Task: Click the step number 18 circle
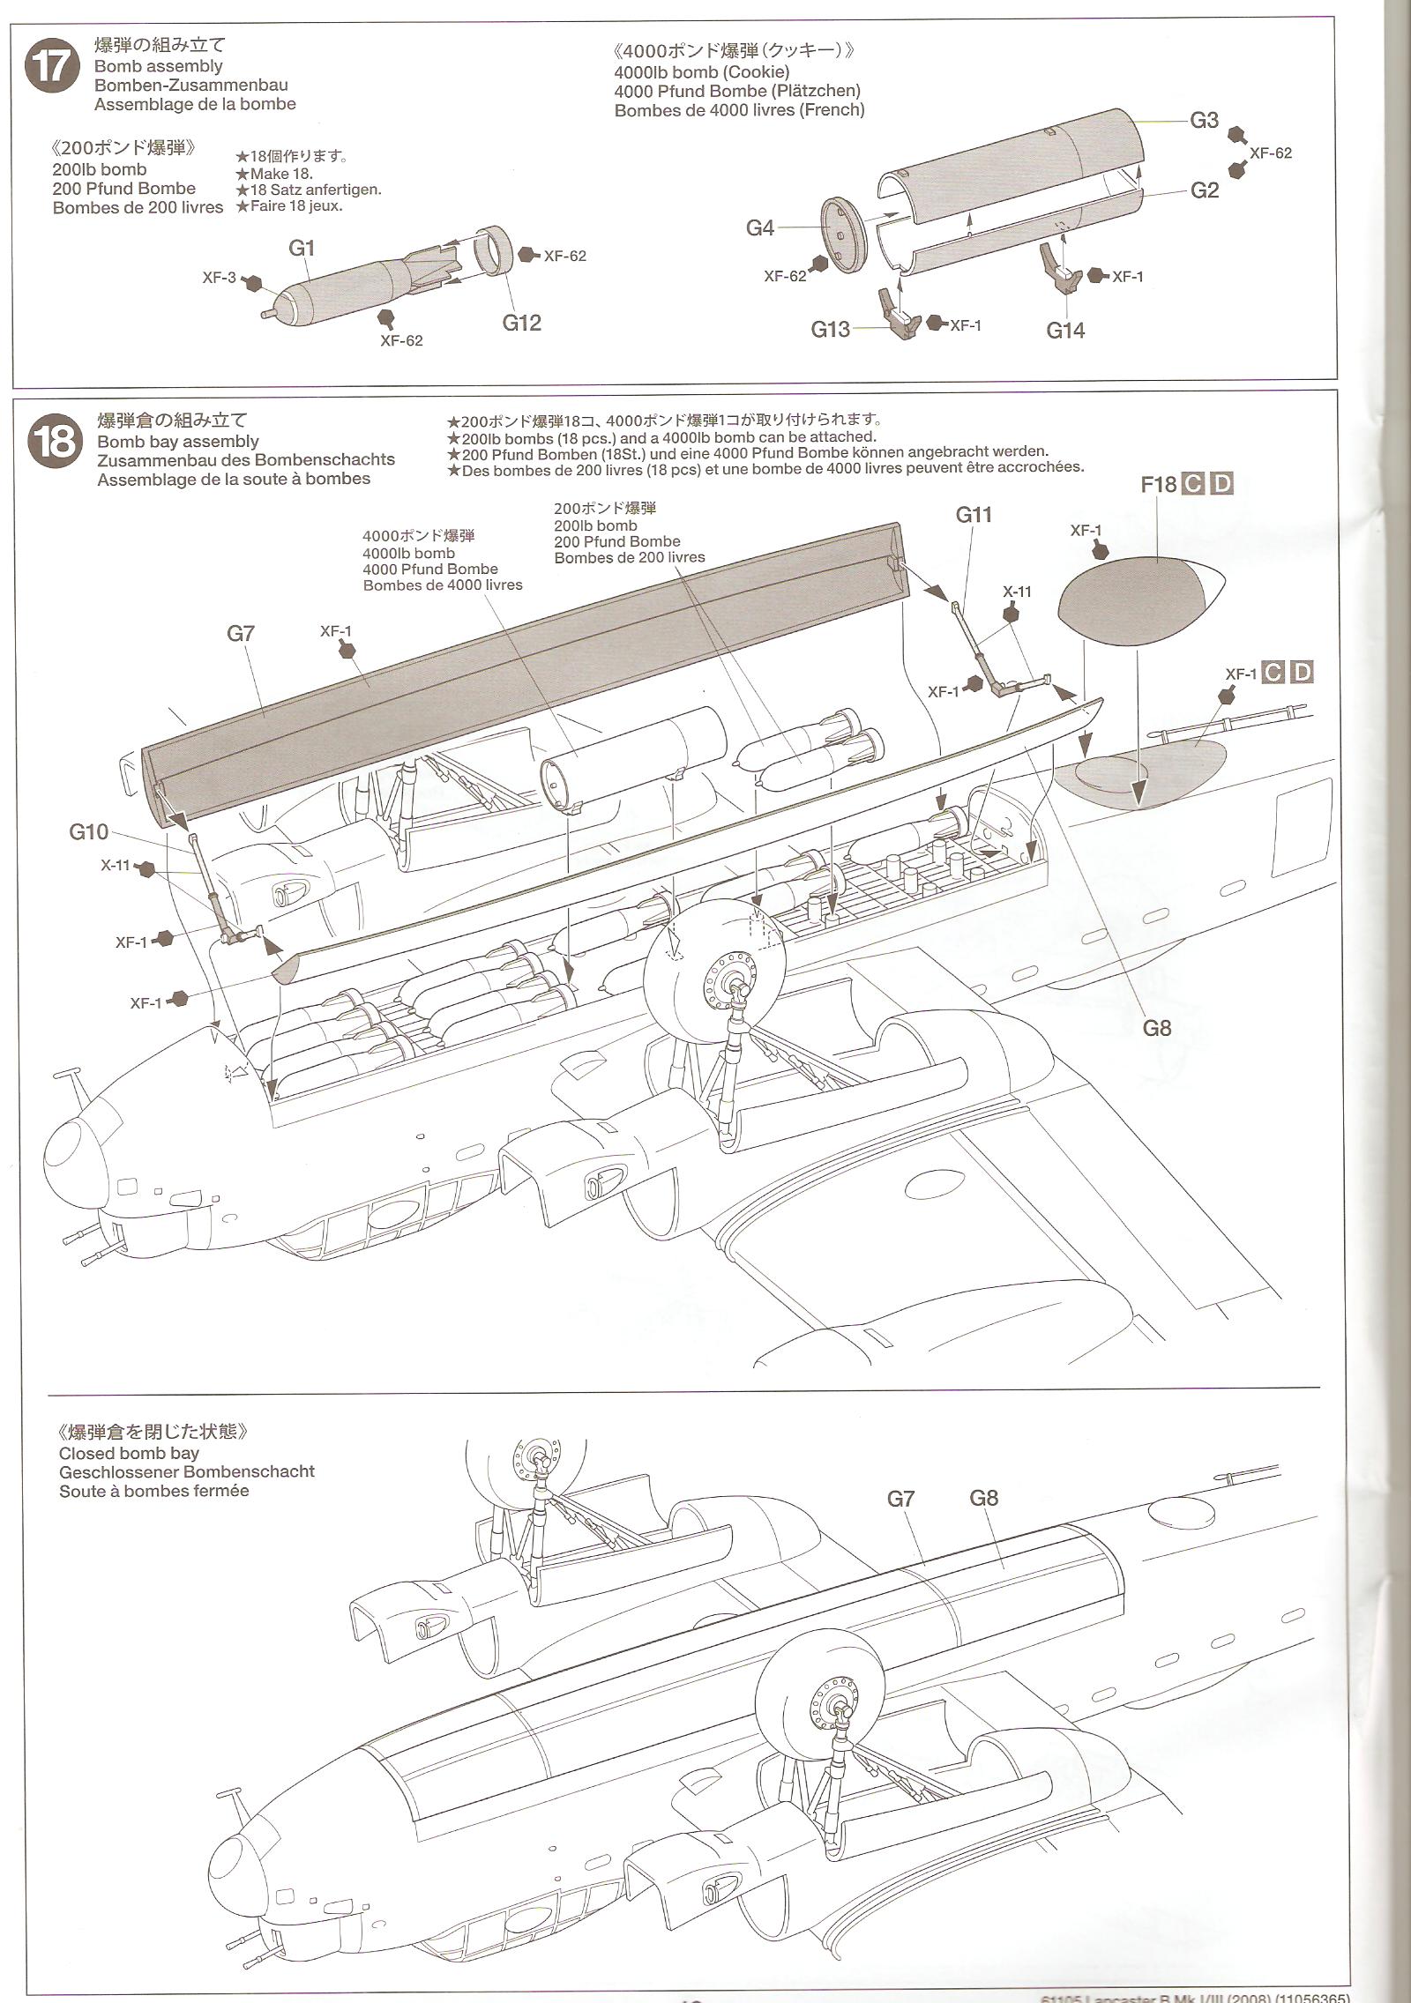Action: coord(55,441)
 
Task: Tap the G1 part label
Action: coord(302,248)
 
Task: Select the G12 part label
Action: coord(521,323)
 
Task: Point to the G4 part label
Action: coord(760,228)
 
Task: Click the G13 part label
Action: coord(830,329)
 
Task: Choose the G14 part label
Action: coord(1065,330)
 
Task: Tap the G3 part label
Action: coord(1204,121)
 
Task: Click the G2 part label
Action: coord(1204,190)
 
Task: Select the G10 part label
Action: coord(89,832)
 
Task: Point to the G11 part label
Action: coord(974,515)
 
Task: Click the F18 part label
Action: coord(1159,484)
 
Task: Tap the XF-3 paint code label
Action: coord(219,278)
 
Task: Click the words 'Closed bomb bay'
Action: coord(129,1453)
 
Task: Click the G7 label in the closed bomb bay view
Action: coord(900,1499)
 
